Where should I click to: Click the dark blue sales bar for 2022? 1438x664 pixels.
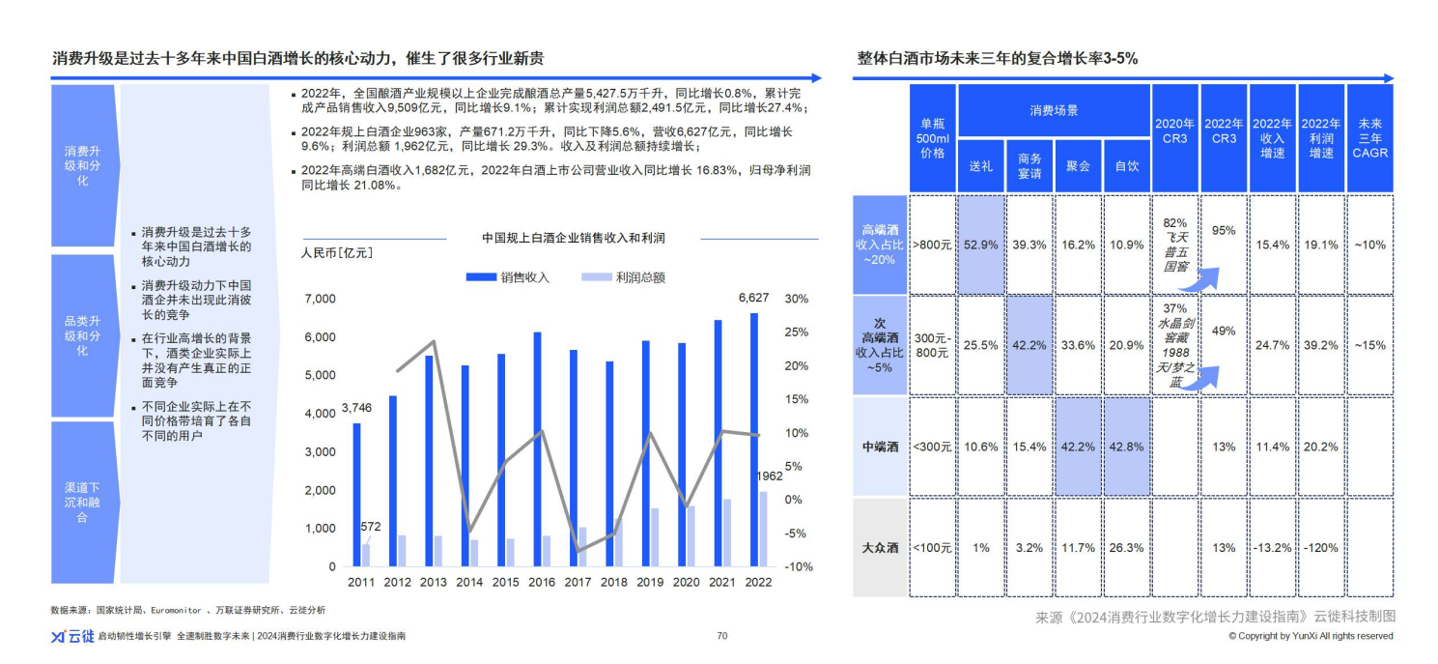pos(754,440)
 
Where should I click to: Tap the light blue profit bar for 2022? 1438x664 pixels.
pos(763,529)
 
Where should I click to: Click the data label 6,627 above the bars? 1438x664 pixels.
pos(754,298)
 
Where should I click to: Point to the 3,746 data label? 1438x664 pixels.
pos(356,408)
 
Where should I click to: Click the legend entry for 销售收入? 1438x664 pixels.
pos(508,277)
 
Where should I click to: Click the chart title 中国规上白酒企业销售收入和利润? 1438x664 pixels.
pos(574,238)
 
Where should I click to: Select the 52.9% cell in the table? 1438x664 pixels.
pos(980,245)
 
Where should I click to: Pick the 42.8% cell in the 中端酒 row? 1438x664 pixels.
pos(1127,447)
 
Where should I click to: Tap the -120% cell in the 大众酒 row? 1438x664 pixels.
pos(1320,548)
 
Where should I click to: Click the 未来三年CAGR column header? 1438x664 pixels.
pos(1370,138)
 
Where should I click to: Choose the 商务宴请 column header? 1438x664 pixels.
pos(1029,166)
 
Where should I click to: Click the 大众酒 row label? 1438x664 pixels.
pos(880,548)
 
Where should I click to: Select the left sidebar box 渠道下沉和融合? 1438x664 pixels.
pos(82,503)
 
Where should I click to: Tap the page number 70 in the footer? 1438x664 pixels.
pos(721,636)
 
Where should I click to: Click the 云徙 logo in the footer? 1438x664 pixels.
pos(71,636)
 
